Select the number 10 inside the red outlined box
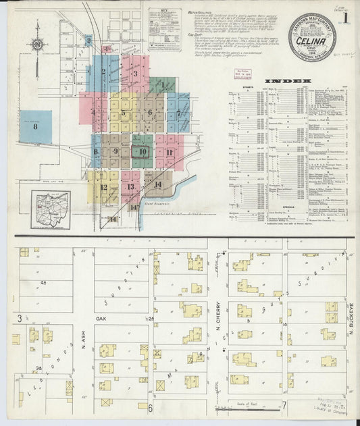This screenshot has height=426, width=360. coord(142,152)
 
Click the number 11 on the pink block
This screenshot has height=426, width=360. coord(170,152)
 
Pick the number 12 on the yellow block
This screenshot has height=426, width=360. coord(103,187)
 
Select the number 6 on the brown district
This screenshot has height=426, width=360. coord(150,112)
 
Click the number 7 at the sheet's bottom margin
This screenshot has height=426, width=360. coord(285,405)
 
